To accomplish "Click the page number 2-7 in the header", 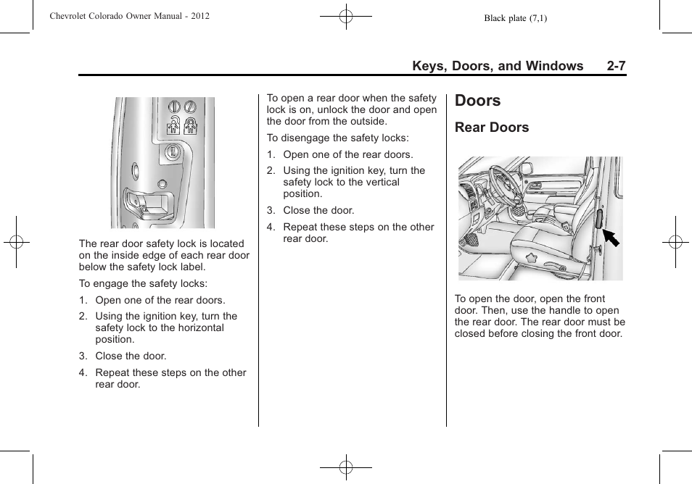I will click(617, 66).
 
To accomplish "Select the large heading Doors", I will click(478, 100).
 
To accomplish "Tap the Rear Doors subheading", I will click(492, 128).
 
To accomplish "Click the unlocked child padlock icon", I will click(174, 125).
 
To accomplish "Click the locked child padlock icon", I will click(191, 125).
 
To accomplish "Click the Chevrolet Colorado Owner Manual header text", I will click(130, 16).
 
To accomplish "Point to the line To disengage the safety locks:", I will click(337, 138).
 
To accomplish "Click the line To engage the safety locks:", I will click(143, 283).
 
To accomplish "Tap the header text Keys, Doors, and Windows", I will click(498, 66).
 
